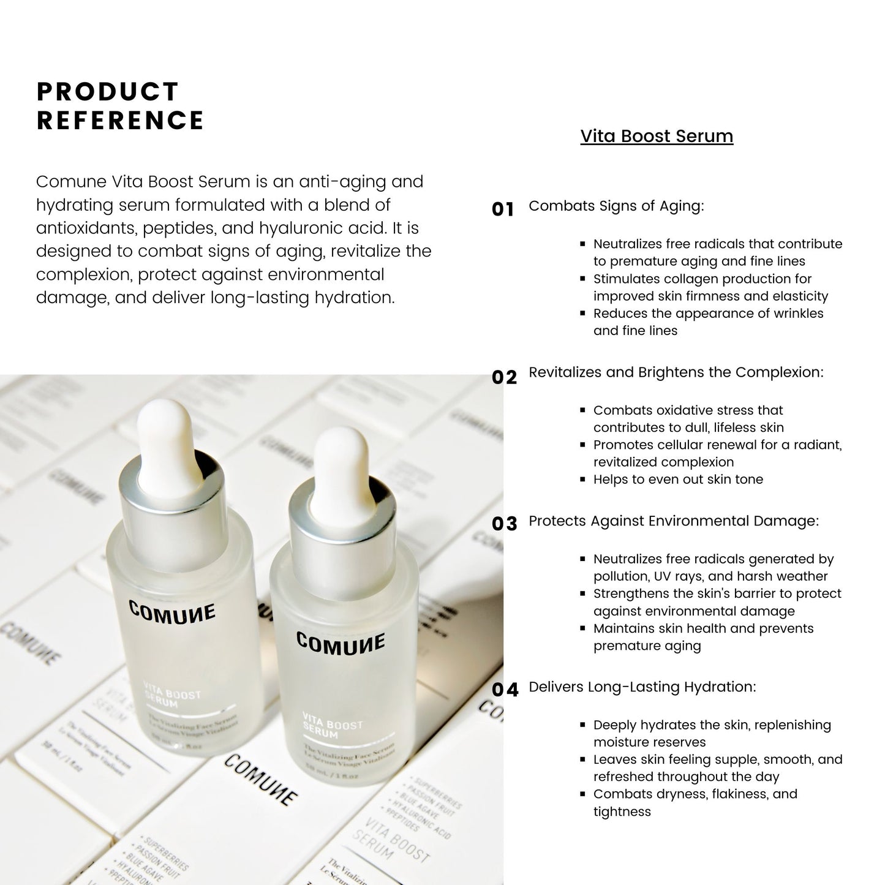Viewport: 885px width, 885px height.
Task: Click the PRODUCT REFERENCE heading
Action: [x=120, y=106]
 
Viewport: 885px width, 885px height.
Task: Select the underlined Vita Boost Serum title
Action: [x=657, y=136]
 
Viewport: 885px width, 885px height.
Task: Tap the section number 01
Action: [x=503, y=209]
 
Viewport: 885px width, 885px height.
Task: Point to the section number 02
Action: [x=504, y=377]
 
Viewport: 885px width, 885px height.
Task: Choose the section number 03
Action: [x=505, y=524]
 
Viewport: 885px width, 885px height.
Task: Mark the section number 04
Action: [x=505, y=690]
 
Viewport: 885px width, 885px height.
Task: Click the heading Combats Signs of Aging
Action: [x=616, y=206]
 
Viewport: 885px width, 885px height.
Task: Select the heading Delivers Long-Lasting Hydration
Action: [x=642, y=687]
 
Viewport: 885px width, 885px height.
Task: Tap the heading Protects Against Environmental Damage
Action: [x=673, y=521]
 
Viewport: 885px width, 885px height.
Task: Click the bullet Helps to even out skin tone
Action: [x=678, y=480]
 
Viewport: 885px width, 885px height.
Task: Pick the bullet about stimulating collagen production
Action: [x=710, y=287]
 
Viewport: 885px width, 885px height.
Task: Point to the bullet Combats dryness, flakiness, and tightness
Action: [x=695, y=802]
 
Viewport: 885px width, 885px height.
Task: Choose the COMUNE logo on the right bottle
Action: [x=341, y=643]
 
